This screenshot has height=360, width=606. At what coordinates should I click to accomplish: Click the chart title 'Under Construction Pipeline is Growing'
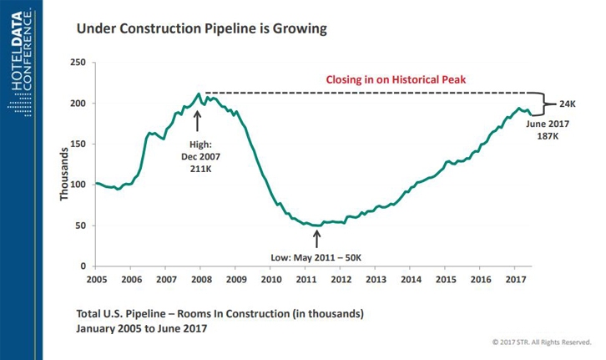click(x=200, y=28)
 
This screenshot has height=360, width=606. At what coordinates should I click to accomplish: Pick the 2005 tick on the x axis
click(x=96, y=278)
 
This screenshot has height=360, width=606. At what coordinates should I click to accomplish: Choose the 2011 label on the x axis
click(x=306, y=278)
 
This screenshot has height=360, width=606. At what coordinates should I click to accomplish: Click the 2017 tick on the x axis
click(x=516, y=278)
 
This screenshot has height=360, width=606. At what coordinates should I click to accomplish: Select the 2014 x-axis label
click(x=412, y=278)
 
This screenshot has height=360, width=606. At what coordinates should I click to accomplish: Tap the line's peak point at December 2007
click(x=198, y=94)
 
